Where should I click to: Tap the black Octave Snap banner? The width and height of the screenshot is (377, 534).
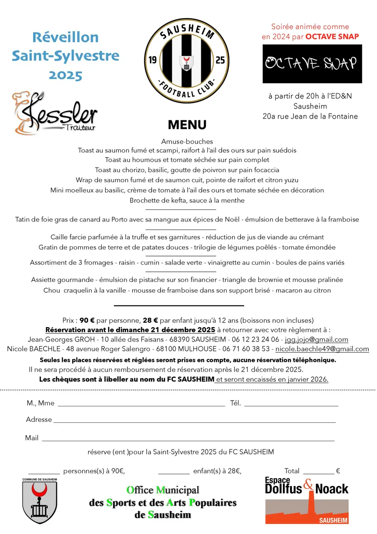click(x=312, y=64)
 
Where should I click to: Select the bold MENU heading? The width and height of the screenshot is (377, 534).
click(x=187, y=124)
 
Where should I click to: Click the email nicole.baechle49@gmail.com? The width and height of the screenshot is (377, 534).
click(x=322, y=349)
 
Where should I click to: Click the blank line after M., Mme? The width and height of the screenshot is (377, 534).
click(x=141, y=405)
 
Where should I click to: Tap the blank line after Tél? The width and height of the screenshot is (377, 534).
click(x=291, y=405)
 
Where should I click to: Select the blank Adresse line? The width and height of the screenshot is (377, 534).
click(x=194, y=422)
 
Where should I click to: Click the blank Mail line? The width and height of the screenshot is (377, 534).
click(x=188, y=440)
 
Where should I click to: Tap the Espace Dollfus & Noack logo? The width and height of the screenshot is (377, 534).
click(x=307, y=500)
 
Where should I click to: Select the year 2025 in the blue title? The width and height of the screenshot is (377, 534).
click(x=66, y=76)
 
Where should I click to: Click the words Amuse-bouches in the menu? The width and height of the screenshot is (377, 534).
click(x=187, y=142)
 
